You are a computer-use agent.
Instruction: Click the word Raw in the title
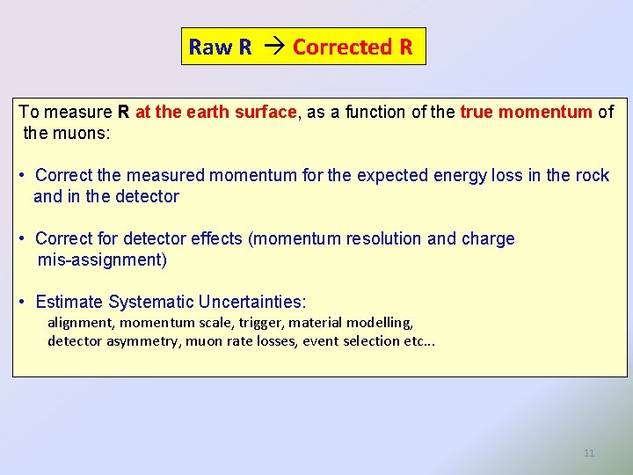pos(207,47)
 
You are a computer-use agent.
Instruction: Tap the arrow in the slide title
pos(273,47)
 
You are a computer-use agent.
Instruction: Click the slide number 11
pos(589,453)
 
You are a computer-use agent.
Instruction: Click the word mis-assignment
pos(102,259)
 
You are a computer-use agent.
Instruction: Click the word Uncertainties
pos(251,302)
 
